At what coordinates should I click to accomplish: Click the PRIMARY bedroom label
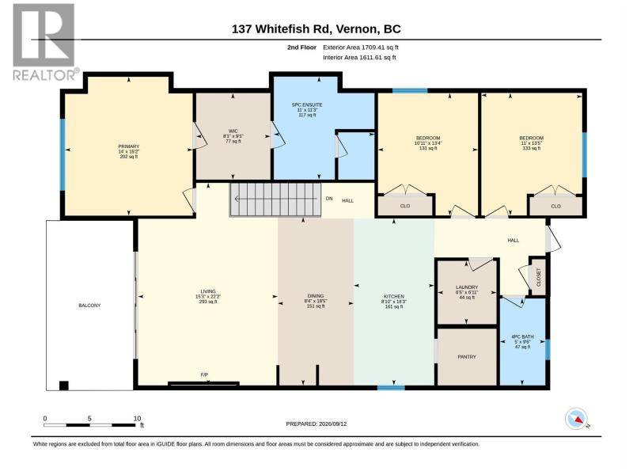tap(129, 146)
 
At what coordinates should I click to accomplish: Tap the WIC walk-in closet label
tap(233, 131)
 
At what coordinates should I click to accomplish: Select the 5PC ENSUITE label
tap(307, 104)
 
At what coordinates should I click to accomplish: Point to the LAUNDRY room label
tap(467, 287)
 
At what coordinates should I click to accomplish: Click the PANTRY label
tap(467, 357)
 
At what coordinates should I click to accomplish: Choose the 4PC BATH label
tap(522, 336)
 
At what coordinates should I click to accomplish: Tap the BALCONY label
tap(89, 306)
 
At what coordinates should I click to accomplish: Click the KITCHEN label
tap(393, 296)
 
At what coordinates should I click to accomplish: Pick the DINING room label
tap(315, 296)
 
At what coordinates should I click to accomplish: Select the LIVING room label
tap(208, 291)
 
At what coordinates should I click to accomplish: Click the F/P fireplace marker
tap(204, 374)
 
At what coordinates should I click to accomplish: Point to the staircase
tap(275, 199)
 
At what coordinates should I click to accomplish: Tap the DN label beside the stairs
tap(329, 199)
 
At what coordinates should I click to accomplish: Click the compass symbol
tap(576, 419)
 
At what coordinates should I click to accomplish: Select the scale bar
tap(89, 425)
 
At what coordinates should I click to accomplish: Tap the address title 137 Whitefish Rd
tap(316, 29)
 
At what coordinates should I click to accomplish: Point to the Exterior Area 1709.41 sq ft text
tap(361, 47)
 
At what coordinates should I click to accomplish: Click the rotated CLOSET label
tap(538, 277)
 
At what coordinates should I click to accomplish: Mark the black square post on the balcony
tap(64, 386)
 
